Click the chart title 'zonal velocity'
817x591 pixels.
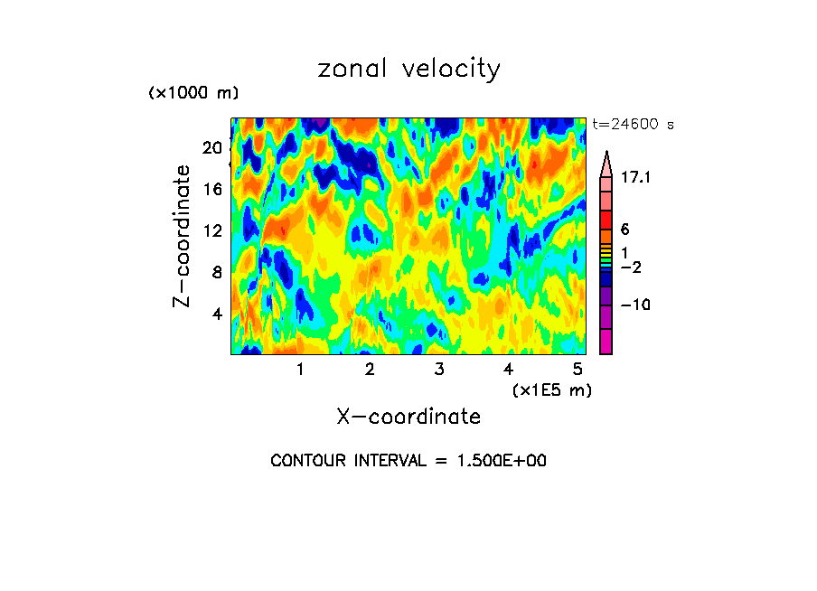408,69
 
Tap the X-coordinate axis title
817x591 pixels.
408,416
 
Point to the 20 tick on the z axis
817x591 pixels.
211,148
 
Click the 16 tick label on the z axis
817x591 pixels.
211,190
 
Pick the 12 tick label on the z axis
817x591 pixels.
211,231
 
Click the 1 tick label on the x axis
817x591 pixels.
300,369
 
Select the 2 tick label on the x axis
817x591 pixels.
370,369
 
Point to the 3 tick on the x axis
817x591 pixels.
438,369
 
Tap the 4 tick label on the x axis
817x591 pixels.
508,369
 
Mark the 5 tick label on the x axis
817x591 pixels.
577,369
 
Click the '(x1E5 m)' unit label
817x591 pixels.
552,389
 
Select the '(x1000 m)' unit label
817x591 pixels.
193,93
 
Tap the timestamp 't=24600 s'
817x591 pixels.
633,125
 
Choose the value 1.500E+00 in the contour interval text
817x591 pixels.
495,461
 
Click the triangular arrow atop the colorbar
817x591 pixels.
606,163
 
